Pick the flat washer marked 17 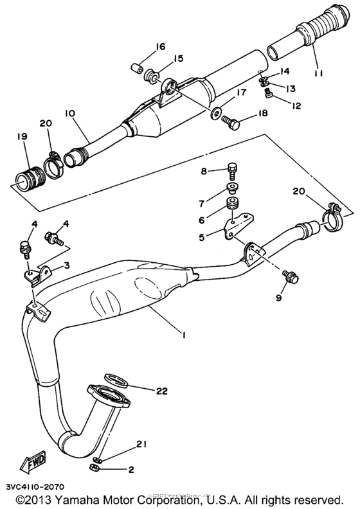click(x=213, y=116)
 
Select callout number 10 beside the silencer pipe click(x=69, y=113)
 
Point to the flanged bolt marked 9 click(x=287, y=276)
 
